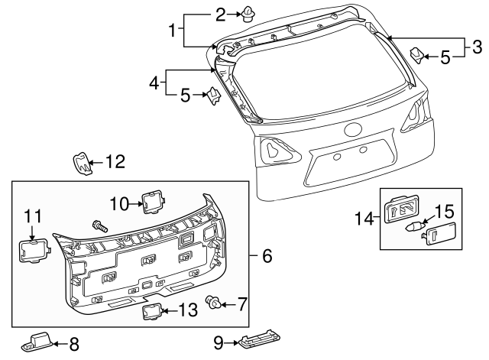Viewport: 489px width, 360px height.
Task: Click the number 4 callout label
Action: point(154,83)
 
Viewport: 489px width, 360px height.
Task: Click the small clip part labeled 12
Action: point(82,163)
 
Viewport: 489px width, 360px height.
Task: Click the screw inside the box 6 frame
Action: point(99,225)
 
